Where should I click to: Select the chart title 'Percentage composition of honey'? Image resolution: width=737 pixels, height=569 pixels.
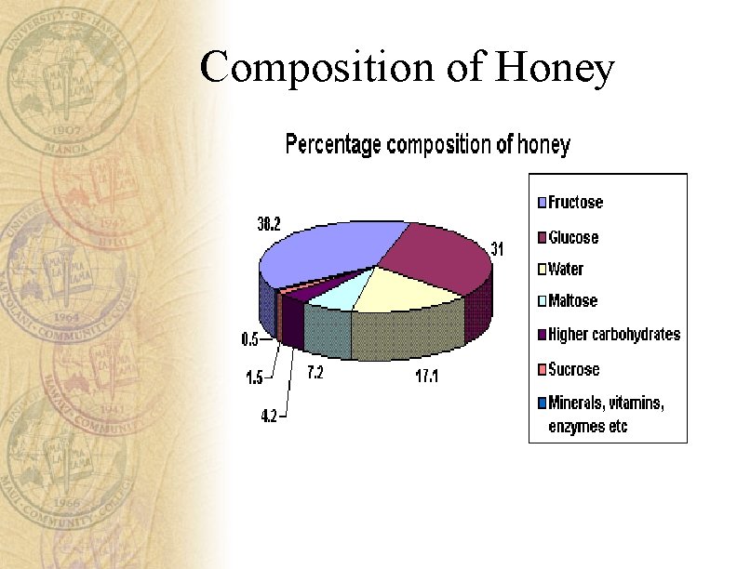(x=427, y=145)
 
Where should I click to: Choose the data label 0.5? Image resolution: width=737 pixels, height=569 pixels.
(x=250, y=340)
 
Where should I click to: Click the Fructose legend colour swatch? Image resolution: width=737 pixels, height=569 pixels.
(x=540, y=203)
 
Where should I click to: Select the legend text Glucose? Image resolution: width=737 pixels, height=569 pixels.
(x=574, y=237)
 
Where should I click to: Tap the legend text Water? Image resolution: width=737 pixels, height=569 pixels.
(x=566, y=270)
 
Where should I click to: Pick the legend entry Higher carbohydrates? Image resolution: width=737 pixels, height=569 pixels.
(x=614, y=334)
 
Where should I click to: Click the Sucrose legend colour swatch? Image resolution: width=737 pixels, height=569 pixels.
(x=540, y=369)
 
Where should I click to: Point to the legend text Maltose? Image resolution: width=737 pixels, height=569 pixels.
(x=573, y=301)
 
